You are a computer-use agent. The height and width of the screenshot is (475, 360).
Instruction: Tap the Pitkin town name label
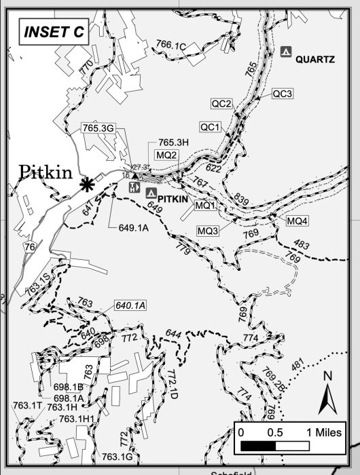[46, 172]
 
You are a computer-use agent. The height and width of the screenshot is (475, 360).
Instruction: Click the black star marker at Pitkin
[86, 184]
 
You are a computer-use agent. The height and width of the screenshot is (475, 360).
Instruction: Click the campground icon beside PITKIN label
[151, 193]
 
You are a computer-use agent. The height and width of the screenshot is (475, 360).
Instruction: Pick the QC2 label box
[222, 104]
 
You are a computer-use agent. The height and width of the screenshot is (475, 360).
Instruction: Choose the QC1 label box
[210, 127]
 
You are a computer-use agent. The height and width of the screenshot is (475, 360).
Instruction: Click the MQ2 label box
[166, 155]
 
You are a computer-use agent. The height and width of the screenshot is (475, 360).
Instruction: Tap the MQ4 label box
[297, 221]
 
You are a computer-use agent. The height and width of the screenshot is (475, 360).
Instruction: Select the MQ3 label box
[208, 231]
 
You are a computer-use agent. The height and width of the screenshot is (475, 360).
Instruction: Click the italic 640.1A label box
[130, 305]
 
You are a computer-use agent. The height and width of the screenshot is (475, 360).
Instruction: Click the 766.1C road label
[170, 45]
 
